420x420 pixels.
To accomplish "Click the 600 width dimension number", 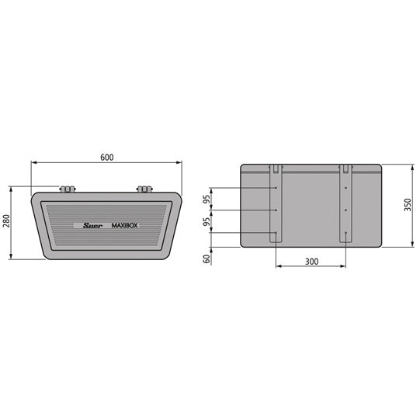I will [x=107, y=157].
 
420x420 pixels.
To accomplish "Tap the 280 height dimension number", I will [x=6, y=223].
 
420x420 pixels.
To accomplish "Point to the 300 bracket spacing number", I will [x=311, y=262].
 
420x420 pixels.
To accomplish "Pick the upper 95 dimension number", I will [x=207, y=200].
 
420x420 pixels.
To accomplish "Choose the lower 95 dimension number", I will [x=207, y=222].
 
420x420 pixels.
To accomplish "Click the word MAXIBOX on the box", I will [x=126, y=226].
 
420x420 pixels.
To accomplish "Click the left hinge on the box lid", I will [x=68, y=189].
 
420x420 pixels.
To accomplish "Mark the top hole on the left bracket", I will [x=276, y=188].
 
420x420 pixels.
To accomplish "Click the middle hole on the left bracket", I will [x=276, y=210].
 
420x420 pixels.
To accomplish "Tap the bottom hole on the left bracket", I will [x=276, y=233].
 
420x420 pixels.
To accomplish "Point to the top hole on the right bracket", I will [x=346, y=188].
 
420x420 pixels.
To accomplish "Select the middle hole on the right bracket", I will [x=346, y=210].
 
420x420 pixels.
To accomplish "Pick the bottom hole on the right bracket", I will [x=346, y=233].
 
